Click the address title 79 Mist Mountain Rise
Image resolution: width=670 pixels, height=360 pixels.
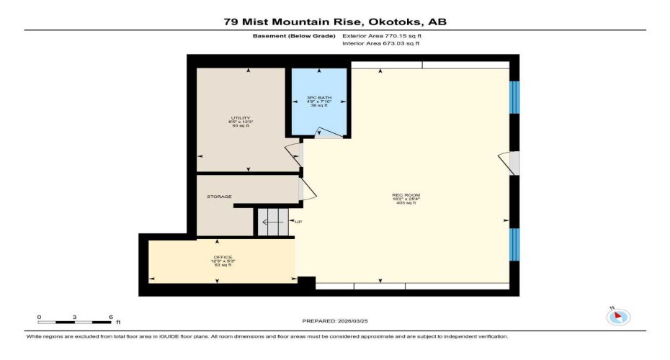(334, 22)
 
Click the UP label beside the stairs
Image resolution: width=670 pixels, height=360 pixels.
(298, 222)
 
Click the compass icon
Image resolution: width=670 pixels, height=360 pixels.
(619, 316)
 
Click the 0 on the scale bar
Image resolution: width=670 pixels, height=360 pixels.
(40, 317)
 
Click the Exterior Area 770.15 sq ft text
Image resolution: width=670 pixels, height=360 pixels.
(381, 35)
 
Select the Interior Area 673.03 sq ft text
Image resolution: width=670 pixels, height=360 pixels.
(380, 44)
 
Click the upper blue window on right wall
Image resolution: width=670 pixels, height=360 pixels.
(514, 97)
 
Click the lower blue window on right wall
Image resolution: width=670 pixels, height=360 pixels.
(514, 248)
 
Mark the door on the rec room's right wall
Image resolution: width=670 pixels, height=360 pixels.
(512, 163)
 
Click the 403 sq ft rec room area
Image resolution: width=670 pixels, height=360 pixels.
(406, 203)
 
